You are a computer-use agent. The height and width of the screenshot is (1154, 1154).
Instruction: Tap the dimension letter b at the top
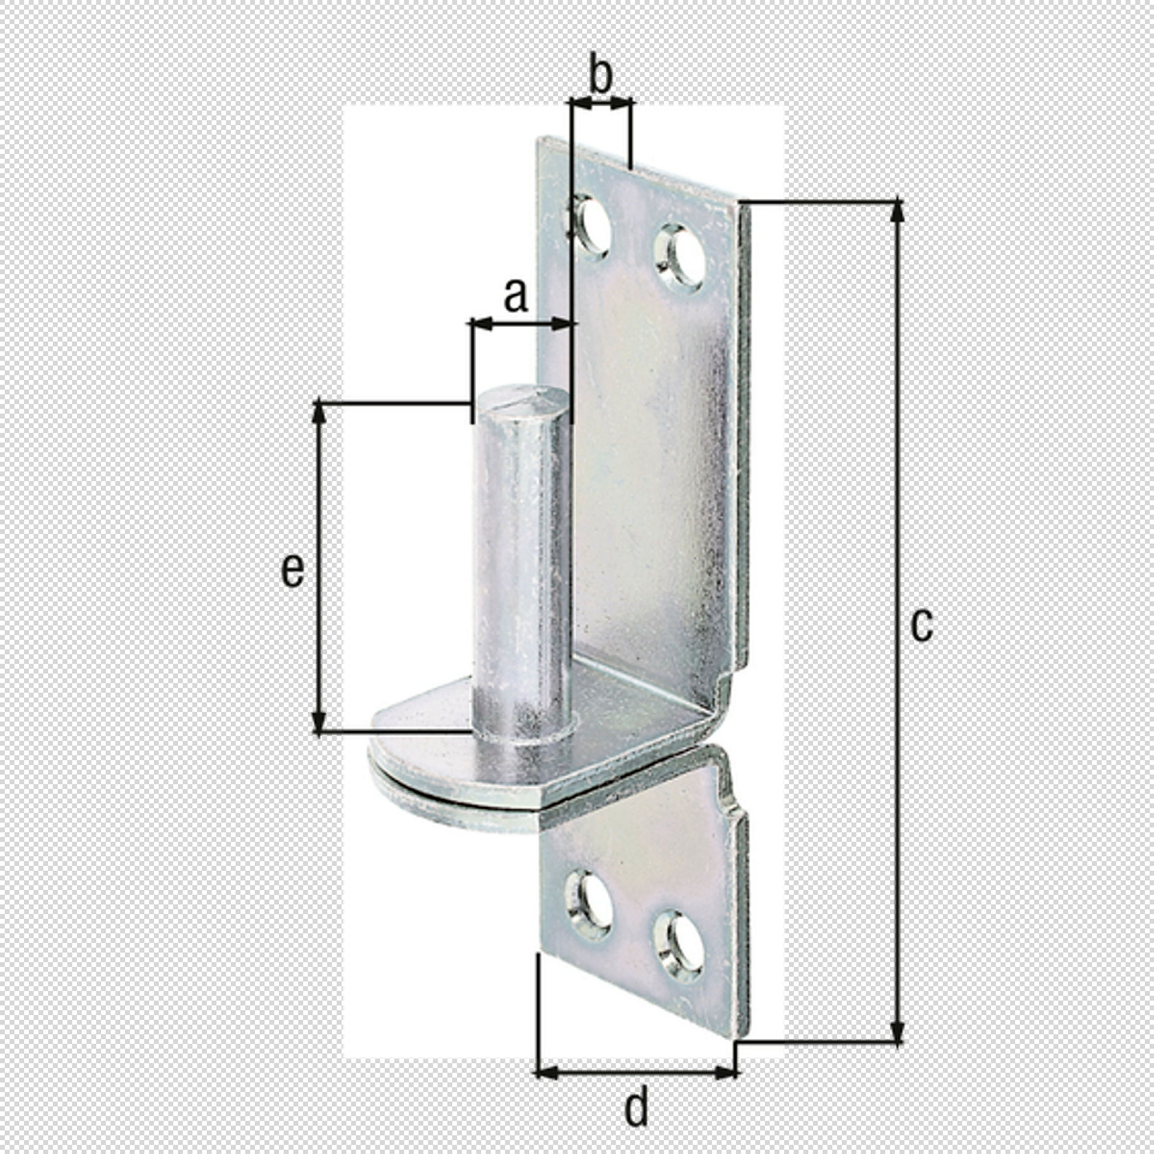coord(601,74)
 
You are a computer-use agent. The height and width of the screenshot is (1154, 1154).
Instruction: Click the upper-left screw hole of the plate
coord(592,227)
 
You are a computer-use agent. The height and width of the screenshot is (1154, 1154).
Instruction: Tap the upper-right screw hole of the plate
coord(681,258)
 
